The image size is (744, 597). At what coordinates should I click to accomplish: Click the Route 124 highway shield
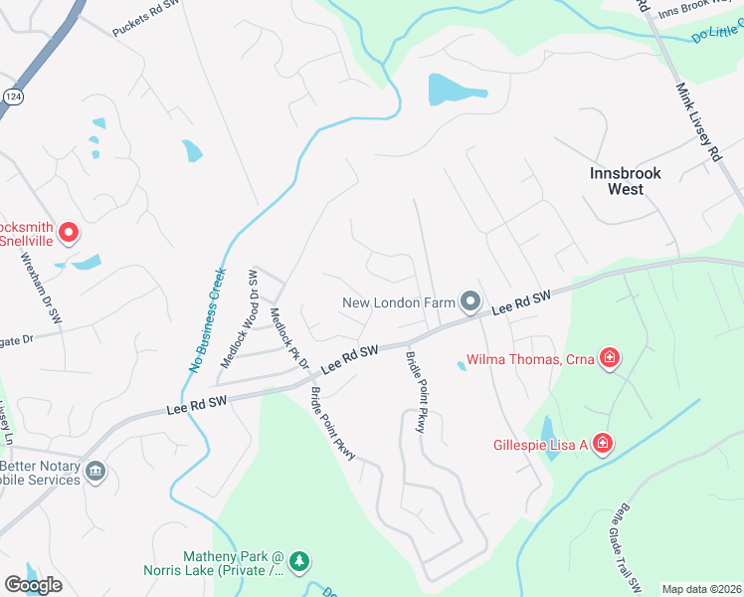click(11, 96)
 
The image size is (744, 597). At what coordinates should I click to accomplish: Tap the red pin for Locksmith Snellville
click(69, 233)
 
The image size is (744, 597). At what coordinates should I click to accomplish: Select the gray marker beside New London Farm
click(470, 300)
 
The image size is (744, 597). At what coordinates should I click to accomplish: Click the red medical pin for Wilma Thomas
click(610, 358)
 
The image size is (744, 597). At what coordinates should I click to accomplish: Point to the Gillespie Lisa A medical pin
click(602, 443)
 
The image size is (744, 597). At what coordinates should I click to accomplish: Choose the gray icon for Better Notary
click(95, 471)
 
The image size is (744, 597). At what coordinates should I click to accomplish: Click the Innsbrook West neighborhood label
click(625, 180)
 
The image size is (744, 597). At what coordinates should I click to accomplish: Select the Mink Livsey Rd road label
click(698, 121)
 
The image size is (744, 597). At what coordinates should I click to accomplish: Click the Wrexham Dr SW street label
click(37, 290)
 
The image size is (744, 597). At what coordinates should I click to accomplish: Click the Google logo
click(33, 585)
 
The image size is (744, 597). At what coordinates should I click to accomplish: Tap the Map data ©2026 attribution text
click(701, 589)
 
